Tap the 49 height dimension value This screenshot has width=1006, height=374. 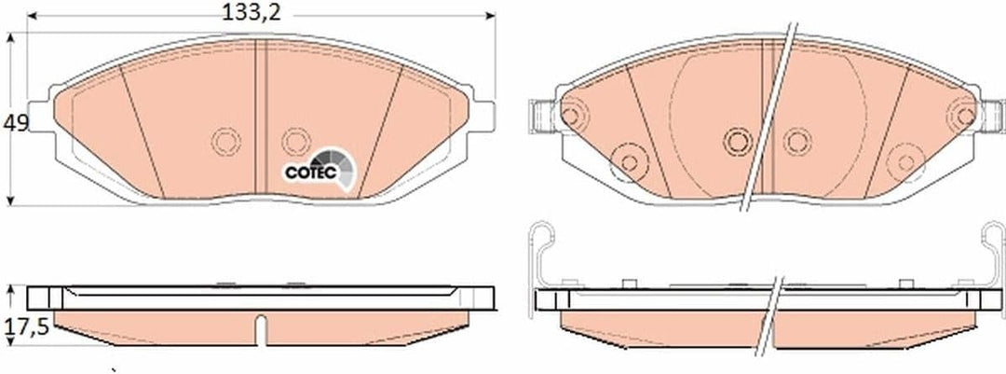point(16,123)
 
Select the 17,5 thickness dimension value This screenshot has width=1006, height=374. point(26,327)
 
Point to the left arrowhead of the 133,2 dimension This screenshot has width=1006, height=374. point(32,16)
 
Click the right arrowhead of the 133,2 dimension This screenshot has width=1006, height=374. point(491,16)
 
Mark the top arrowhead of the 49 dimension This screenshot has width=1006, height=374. point(10,37)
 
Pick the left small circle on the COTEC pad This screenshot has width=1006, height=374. point(225,141)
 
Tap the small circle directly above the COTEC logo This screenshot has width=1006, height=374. point(296,141)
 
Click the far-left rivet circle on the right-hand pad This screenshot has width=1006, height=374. point(572,117)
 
